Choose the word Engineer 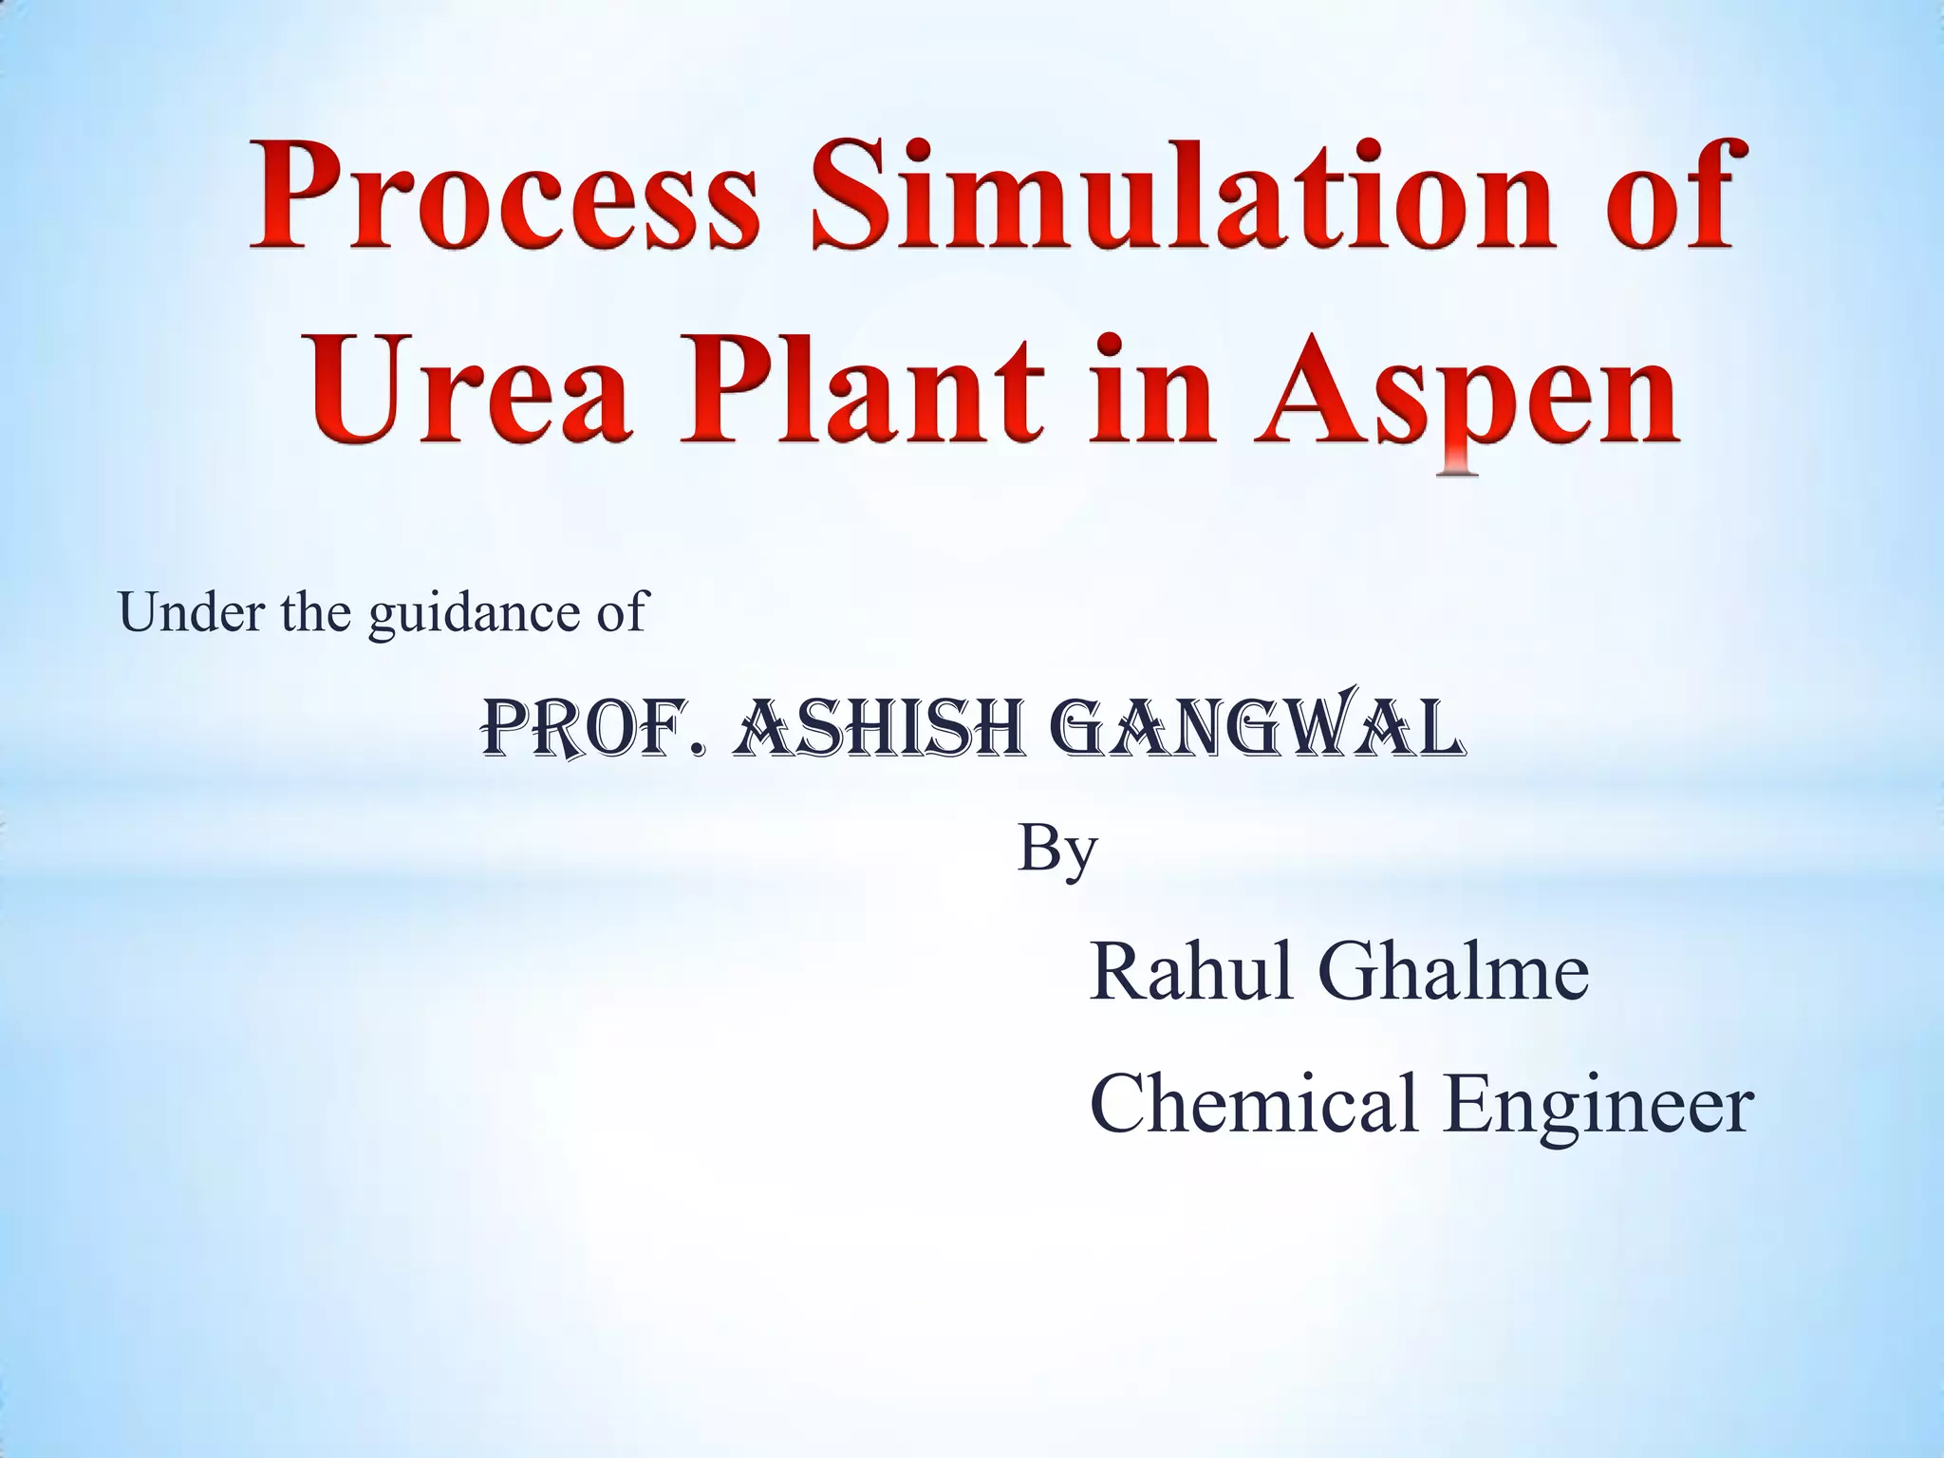tap(1598, 1106)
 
